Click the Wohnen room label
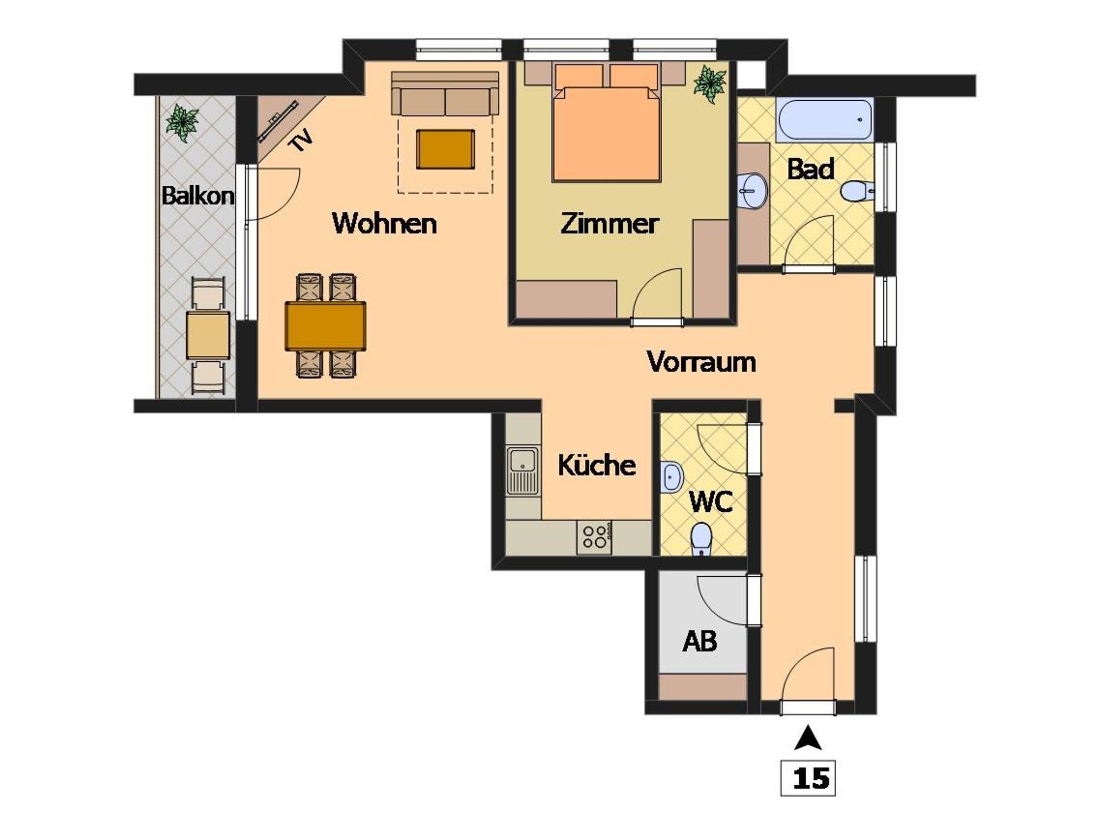tap(384, 223)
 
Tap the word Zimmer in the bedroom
tap(609, 223)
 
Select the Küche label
tap(597, 465)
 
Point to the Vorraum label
tap(701, 361)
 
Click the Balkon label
tap(198, 195)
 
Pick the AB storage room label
tap(700, 641)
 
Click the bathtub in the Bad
tap(824, 119)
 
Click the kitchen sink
tap(523, 470)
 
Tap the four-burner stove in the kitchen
tap(595, 537)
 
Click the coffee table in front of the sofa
tap(445, 149)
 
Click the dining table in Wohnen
tap(325, 326)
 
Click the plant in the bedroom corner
tap(710, 84)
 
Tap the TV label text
tap(301, 141)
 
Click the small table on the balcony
tap(208, 335)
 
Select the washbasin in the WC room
tap(671, 477)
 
